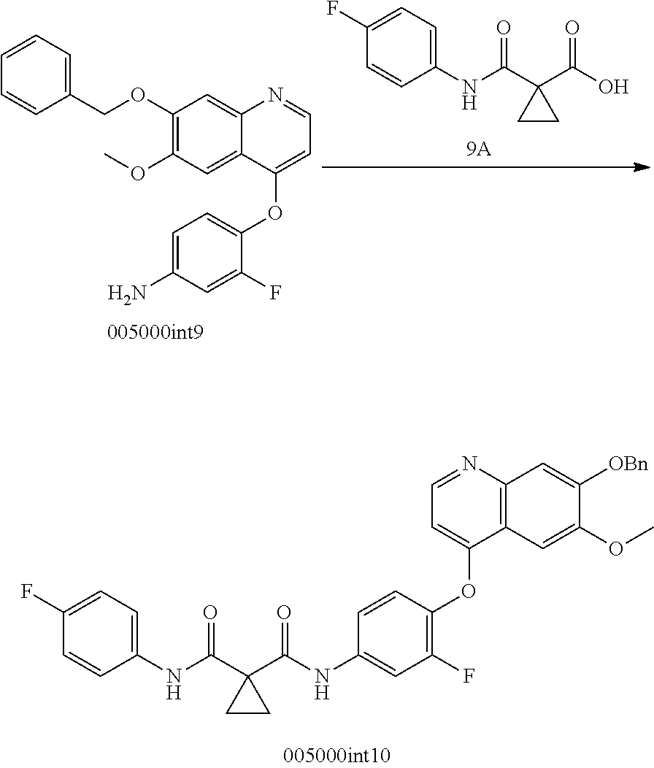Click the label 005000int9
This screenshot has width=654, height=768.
click(155, 332)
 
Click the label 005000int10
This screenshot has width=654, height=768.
click(337, 755)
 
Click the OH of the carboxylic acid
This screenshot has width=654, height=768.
click(613, 87)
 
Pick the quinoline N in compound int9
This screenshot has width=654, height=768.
click(275, 94)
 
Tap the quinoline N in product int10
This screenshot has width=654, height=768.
click(469, 464)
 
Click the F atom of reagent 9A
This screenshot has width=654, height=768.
click(333, 11)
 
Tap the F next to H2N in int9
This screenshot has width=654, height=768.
click(275, 293)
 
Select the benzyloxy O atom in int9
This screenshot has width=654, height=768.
click(139, 94)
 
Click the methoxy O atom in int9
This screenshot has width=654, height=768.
click(139, 174)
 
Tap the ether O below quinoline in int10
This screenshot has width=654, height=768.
click(469, 591)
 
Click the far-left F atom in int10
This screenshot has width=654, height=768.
click(27, 592)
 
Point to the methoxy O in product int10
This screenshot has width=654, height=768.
click(616, 548)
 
